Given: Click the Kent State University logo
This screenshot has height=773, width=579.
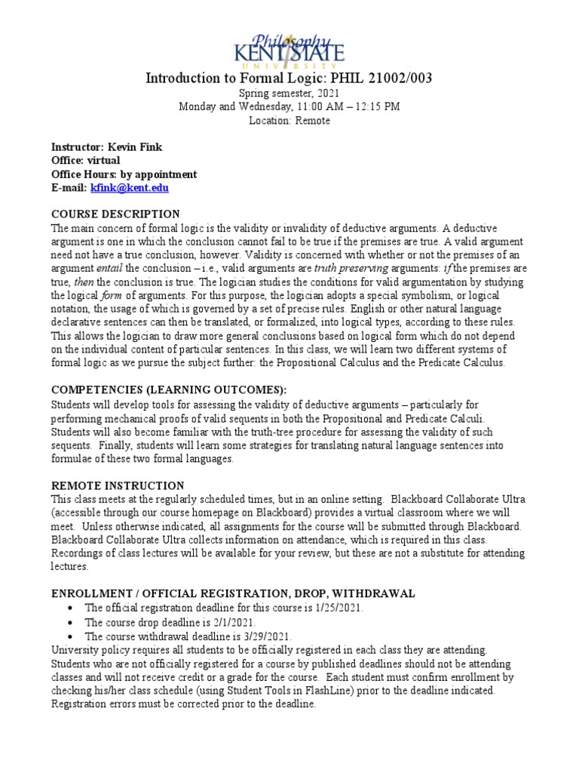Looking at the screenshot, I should coord(289,48).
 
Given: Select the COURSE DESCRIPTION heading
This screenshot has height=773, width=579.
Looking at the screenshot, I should coord(115,214).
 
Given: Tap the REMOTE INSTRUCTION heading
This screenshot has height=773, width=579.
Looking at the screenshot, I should coord(117,485).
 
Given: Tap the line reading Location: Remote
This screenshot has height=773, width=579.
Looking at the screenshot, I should coord(289,121).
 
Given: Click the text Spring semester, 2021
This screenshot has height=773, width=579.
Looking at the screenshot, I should coord(289,93).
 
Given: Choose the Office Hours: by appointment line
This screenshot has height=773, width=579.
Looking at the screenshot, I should coord(124,174).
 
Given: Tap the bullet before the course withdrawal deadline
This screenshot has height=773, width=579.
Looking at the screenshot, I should coord(70,637).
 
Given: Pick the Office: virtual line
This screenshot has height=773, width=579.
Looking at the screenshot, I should coord(85,161).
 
